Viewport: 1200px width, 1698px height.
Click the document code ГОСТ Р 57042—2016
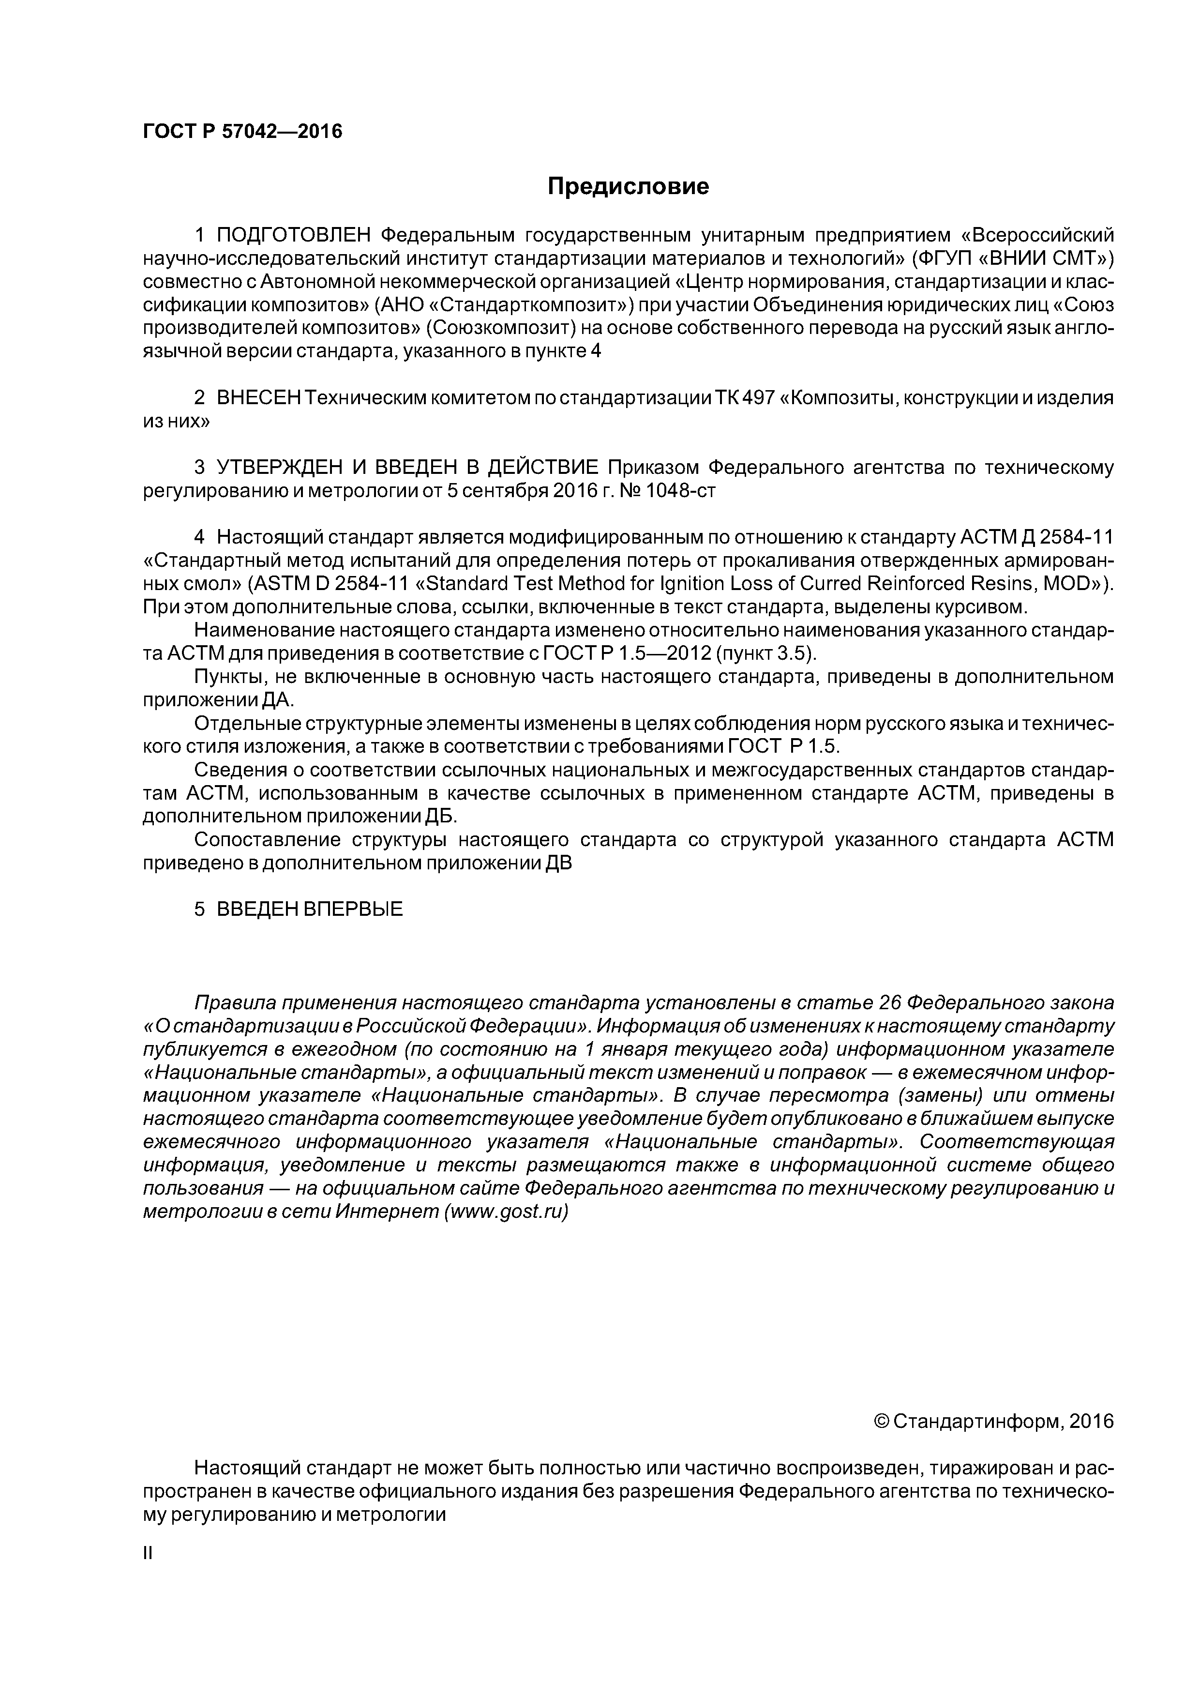tap(242, 132)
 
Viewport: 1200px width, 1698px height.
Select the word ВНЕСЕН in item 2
tap(259, 398)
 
